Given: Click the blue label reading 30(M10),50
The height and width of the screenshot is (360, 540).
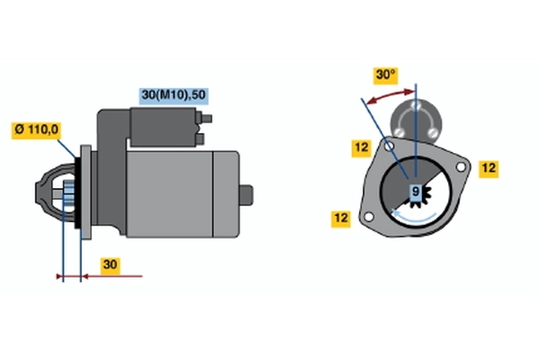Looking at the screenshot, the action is (x=174, y=95).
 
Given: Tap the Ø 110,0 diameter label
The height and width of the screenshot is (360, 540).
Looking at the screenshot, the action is (x=37, y=130).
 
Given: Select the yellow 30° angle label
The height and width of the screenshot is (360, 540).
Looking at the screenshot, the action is (x=386, y=76).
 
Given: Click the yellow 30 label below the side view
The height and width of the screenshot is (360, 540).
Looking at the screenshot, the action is (x=110, y=265).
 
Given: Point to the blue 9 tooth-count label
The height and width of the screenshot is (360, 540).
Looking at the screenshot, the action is (x=416, y=191).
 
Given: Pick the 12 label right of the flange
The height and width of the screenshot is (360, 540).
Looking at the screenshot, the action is (x=489, y=169).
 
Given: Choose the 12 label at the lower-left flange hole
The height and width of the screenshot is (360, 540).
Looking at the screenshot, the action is (x=341, y=219).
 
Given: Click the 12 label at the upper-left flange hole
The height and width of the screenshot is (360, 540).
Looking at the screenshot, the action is (x=361, y=148).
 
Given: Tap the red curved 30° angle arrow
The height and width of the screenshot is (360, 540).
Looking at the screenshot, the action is (x=390, y=96).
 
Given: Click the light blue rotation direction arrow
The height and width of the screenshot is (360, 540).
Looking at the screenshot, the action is (x=413, y=217).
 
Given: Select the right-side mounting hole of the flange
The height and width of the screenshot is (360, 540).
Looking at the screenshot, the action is (x=461, y=167).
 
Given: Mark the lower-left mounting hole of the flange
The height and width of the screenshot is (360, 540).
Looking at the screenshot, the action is (x=368, y=217).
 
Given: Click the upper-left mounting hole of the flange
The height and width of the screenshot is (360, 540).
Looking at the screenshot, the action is (x=389, y=147).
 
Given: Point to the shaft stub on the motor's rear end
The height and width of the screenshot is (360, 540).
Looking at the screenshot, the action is (x=247, y=195).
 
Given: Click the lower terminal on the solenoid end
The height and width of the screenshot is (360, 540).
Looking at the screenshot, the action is (x=200, y=139).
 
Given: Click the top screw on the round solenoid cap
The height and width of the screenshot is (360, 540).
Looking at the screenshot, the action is (x=416, y=105).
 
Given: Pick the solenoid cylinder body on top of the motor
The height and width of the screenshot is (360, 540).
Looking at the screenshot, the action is (x=163, y=127).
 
